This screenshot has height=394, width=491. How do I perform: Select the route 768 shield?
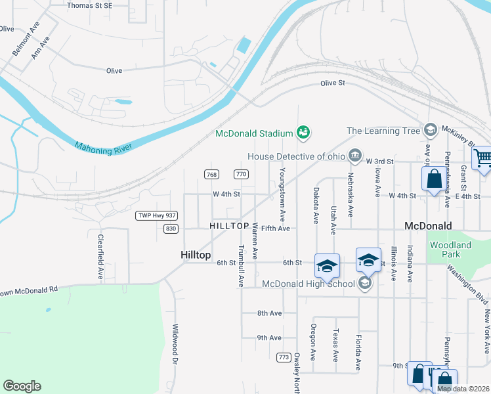(x=211, y=174)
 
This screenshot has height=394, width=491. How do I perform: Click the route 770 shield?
(x=241, y=174)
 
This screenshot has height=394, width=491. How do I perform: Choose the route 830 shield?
(x=171, y=229)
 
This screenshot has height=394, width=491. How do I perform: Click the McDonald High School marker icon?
(x=365, y=284)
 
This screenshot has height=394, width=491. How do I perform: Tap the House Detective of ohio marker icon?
(x=355, y=156)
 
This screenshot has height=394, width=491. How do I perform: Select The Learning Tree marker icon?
(x=431, y=131)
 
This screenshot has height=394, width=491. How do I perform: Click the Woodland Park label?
(x=450, y=250)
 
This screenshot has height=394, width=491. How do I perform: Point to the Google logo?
(x=22, y=386)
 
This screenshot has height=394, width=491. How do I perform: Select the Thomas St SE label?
(x=89, y=5)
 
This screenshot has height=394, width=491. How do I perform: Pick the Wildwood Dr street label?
(x=175, y=345)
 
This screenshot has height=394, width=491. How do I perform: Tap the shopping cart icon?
(x=482, y=159)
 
